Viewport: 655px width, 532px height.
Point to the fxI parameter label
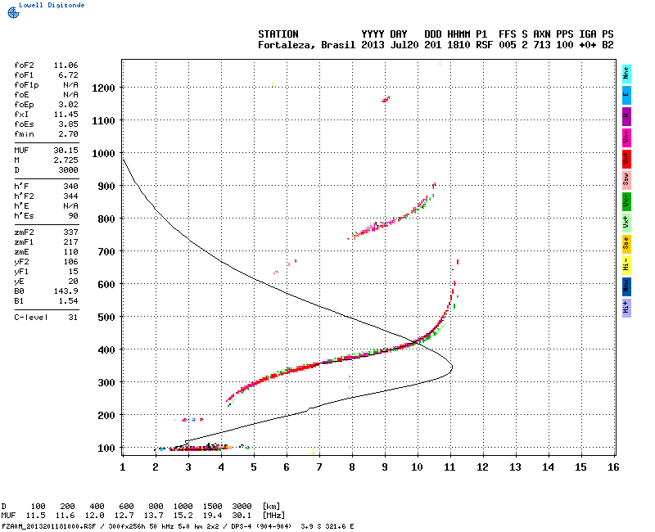point(22,115)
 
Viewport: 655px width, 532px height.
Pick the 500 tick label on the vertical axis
point(105,317)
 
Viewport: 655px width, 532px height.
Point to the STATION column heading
point(278,34)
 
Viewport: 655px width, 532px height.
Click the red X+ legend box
point(626,157)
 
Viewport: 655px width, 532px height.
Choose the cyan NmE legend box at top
point(626,72)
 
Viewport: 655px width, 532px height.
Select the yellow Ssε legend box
point(626,242)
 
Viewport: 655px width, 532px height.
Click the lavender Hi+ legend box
point(626,306)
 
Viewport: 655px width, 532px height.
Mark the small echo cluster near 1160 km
point(385,99)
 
